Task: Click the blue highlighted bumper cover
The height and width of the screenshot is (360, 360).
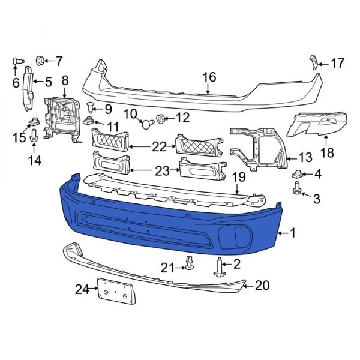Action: [x=168, y=228]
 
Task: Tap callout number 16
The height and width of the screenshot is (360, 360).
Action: [x=209, y=77]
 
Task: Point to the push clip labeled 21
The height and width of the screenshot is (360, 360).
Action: [x=188, y=263]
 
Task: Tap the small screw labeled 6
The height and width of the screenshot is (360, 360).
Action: [x=16, y=61]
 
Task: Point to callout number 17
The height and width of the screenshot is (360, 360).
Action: [x=338, y=62]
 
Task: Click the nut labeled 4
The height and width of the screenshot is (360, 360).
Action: [x=296, y=175]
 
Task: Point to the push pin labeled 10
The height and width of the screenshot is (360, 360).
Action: [x=146, y=124]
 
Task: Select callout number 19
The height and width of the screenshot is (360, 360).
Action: [x=239, y=177]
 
